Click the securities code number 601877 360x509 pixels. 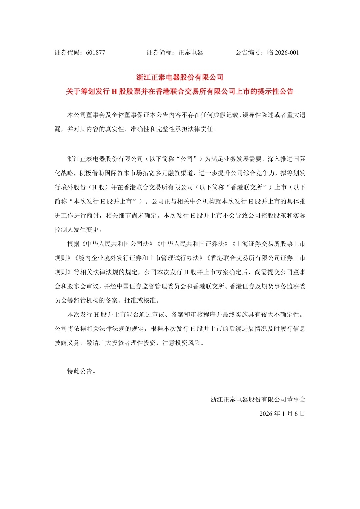tap(95, 53)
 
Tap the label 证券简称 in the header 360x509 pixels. tap(159, 53)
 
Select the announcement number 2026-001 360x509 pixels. tap(287, 53)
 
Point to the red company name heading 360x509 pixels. tap(180, 77)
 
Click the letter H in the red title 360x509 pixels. tap(114, 92)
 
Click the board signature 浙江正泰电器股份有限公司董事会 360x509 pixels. tap(258, 400)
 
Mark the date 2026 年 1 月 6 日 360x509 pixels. tap(282, 414)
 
